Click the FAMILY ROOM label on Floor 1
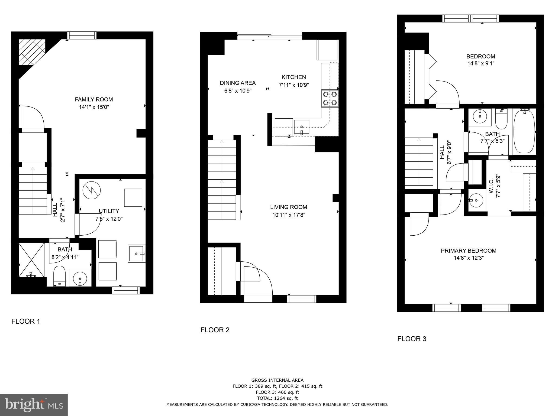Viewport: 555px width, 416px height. pos(94,99)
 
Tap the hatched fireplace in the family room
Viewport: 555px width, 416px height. pos(31,52)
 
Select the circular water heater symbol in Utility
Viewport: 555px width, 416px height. pos(92,189)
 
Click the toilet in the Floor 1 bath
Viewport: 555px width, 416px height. pos(59,276)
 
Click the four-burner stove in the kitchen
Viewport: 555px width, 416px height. pos(330,99)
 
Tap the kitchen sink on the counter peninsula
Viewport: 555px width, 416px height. pos(301,127)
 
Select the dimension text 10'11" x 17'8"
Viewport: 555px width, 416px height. pos(289,215)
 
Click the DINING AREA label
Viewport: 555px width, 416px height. pos(238,83)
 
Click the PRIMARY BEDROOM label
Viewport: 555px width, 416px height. pos(469,251)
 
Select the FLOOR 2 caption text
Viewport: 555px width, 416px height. pos(215,330)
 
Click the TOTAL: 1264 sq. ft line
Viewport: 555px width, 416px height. pos(277,398)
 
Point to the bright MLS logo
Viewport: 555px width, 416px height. pos(34,405)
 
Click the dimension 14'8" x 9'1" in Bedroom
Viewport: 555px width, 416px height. pos(480,64)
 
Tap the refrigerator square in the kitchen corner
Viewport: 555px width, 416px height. pos(327,50)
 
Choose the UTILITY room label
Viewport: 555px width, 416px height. pos(109,211)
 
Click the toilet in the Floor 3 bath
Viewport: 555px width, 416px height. pos(501,120)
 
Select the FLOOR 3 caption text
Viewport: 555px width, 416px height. pos(412,339)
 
